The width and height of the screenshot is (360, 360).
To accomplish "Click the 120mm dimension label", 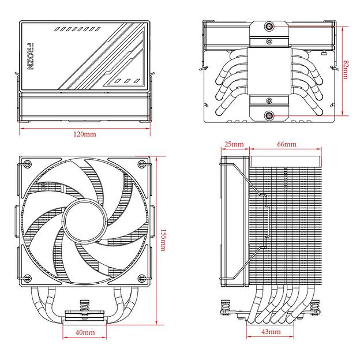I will (x=85, y=134).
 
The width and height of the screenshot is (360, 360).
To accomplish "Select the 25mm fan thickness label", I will (x=234, y=144).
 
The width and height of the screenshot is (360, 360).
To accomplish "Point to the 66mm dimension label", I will (x=286, y=144).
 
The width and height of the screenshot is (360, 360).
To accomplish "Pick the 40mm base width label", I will (x=85, y=333).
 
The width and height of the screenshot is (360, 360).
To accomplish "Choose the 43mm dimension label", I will (x=271, y=333).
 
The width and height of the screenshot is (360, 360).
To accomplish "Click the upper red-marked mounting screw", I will (x=270, y=27).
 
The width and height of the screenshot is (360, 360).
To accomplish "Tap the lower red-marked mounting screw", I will (x=270, y=117).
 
